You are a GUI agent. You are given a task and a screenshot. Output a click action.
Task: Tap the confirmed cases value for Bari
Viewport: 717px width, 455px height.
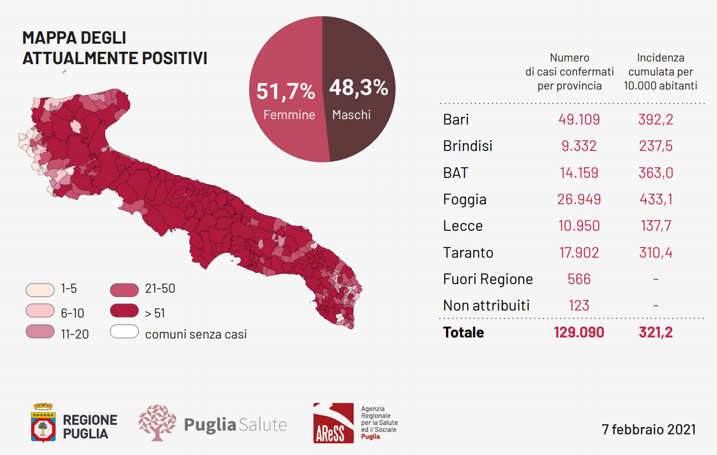(x=579, y=119)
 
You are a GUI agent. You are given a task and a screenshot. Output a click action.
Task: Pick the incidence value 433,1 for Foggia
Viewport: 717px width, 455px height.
(x=655, y=199)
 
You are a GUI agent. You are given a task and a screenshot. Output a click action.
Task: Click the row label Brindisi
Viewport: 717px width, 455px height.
(x=467, y=146)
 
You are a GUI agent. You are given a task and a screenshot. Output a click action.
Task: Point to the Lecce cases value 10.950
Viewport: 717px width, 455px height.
(x=579, y=226)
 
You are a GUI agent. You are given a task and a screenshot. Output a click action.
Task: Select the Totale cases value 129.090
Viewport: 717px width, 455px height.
(x=579, y=332)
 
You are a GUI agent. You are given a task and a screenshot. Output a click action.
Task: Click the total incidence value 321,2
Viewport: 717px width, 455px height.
(x=655, y=332)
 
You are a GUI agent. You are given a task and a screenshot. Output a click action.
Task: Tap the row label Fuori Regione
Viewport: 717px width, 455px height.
(x=488, y=279)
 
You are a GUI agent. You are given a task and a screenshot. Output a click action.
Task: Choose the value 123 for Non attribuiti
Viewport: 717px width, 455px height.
(x=579, y=306)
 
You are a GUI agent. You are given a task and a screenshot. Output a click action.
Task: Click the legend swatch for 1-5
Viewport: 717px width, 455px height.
(x=40, y=289)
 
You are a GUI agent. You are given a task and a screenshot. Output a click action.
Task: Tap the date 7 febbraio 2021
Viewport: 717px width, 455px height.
(x=648, y=430)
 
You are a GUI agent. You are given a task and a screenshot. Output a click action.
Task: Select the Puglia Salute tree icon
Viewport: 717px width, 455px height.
(x=157, y=423)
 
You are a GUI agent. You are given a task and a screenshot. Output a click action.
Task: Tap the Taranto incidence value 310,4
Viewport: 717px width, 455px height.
(x=655, y=252)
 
